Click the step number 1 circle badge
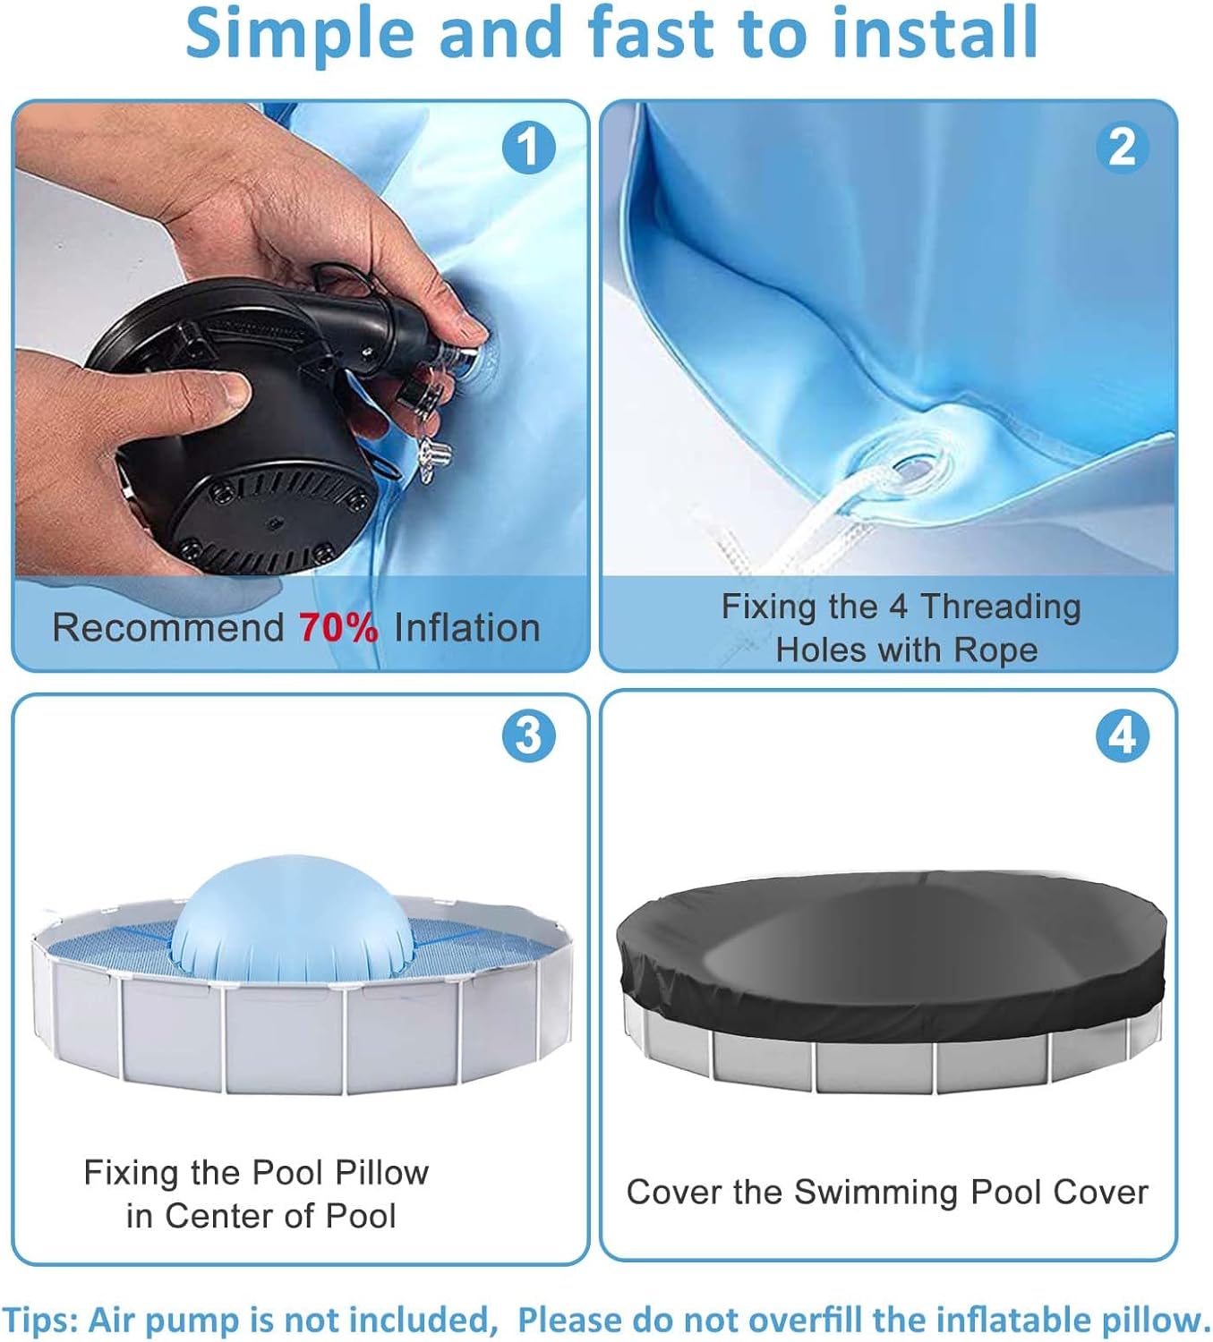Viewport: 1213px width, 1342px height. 528,148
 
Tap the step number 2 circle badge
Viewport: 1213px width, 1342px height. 1123,148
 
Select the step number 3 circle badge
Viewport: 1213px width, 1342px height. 528,736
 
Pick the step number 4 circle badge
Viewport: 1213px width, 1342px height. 1123,736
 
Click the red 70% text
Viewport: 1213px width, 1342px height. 338,628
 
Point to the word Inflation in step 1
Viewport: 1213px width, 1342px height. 466,628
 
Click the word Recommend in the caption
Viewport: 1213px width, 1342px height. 167,628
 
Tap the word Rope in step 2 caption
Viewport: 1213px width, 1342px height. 995,650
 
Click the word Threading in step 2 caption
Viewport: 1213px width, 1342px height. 1001,607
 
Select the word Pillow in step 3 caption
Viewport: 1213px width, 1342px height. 381,1172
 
